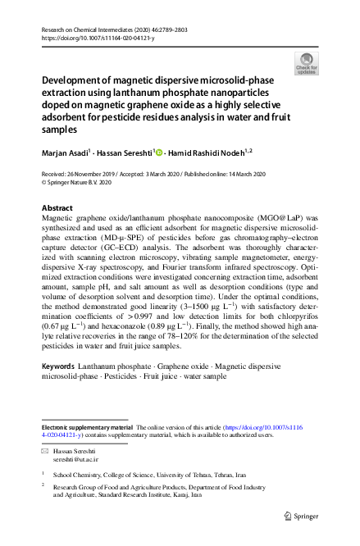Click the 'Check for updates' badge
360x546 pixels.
(x=306, y=62)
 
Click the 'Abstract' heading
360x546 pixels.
(x=57, y=208)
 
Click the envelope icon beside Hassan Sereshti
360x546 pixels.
(x=45, y=453)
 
